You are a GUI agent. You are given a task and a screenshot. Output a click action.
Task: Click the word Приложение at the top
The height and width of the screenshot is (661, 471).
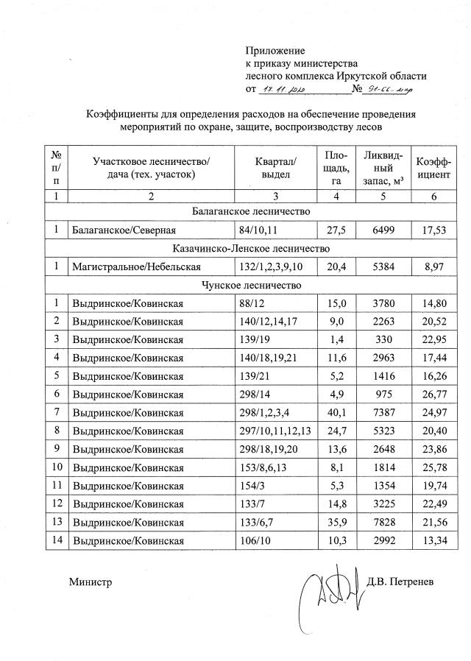click(x=275, y=51)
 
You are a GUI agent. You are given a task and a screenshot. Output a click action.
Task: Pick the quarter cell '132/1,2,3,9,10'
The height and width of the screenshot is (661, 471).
click(x=277, y=266)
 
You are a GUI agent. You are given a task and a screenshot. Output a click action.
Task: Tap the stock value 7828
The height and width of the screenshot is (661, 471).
click(x=382, y=523)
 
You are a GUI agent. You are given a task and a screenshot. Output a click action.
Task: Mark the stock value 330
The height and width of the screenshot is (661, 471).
click(x=382, y=339)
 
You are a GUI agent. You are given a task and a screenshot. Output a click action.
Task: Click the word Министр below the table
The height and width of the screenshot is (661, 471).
click(x=91, y=582)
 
